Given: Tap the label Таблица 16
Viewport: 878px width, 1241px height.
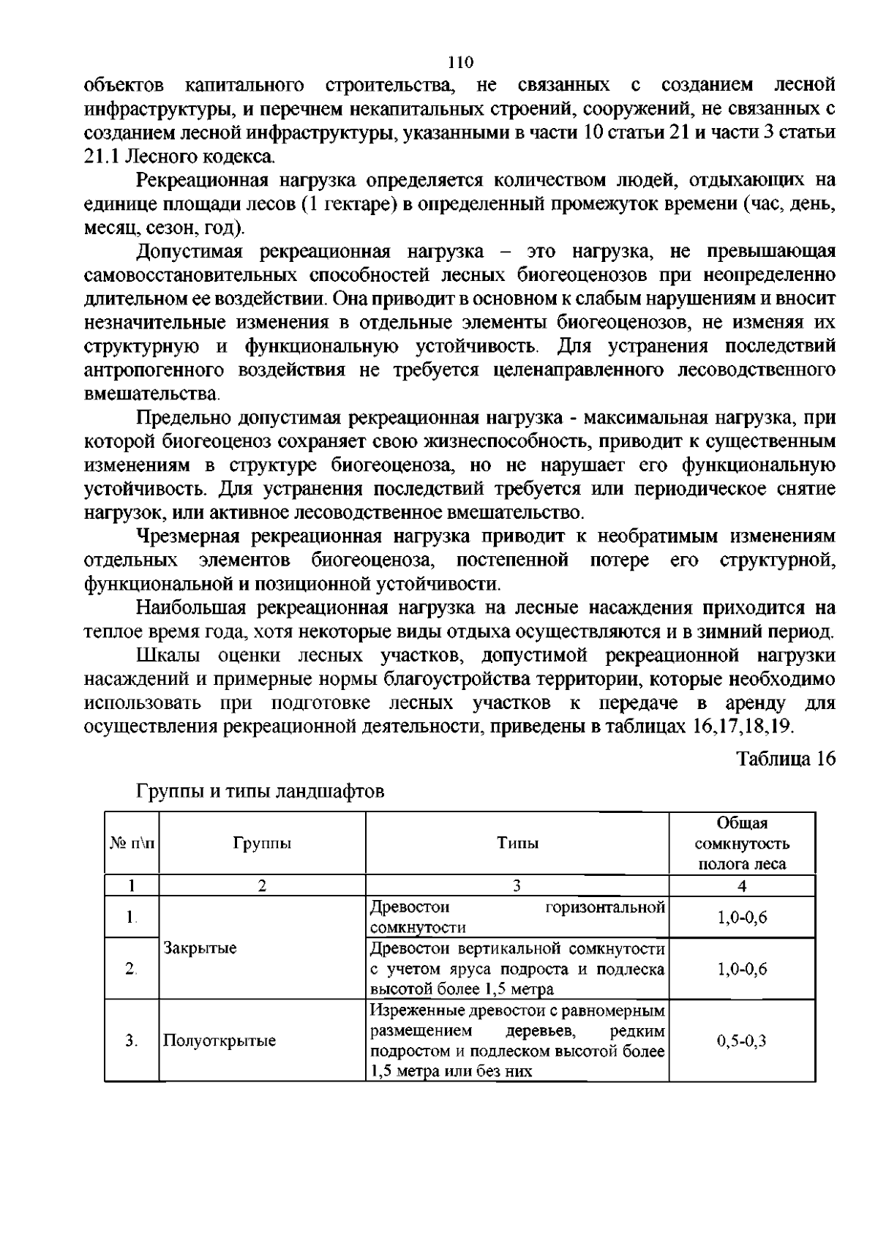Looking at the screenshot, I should point(786,758).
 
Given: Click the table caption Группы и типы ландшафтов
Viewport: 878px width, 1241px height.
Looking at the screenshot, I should point(260,792).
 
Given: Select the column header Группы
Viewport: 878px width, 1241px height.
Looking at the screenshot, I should point(262,843).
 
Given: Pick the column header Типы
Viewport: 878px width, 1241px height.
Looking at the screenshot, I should point(517,843).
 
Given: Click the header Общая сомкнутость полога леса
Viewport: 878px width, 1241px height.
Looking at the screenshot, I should point(741,843).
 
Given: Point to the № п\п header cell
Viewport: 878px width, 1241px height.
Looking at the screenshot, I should point(132,843).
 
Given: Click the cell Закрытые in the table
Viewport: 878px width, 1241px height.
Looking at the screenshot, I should point(200,948).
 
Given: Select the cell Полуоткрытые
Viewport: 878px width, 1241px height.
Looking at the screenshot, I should point(219,1041).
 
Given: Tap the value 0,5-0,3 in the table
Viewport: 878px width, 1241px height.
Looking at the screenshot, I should point(741,1041).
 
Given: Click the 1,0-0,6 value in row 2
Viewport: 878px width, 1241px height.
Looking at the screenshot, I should point(741,969).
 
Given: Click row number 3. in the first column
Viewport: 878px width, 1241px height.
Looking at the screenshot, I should point(132,1041).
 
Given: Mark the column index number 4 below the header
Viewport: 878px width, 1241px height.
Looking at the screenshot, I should point(741,886).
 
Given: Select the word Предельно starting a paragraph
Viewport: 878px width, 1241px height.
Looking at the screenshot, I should point(184,418).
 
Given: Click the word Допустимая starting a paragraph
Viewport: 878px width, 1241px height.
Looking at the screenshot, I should point(191,252).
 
